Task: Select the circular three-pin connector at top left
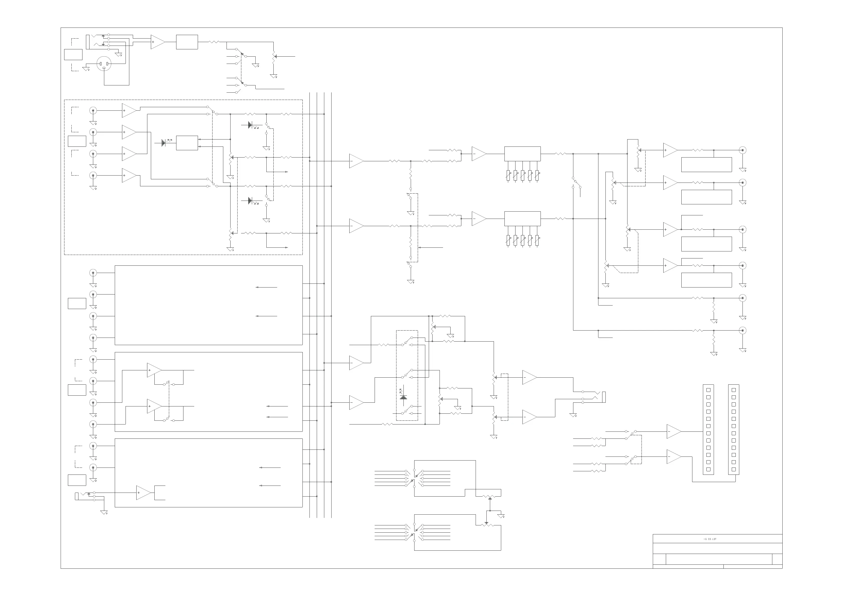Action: (x=104, y=64)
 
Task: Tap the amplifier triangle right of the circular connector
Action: (x=158, y=42)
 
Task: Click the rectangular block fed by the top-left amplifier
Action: (x=187, y=42)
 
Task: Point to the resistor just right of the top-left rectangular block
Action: (x=214, y=42)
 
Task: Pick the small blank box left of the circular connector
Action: (x=73, y=54)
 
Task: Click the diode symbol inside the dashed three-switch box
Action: (x=403, y=397)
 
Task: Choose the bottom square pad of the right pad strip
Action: (x=733, y=469)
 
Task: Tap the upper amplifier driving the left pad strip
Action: (x=674, y=431)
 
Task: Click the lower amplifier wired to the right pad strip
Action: (x=674, y=457)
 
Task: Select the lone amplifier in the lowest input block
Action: (x=143, y=493)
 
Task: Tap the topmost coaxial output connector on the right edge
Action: (x=743, y=150)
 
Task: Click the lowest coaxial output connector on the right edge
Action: (x=743, y=330)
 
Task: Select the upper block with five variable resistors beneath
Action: (x=522, y=154)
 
